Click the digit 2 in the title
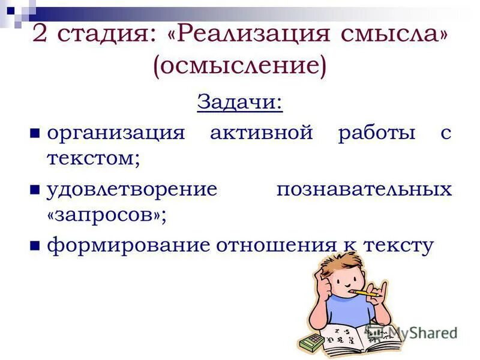tap(40, 33)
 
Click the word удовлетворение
tap(132, 189)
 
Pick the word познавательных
tap(364, 189)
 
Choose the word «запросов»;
tap(106, 215)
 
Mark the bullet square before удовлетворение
tap(35, 190)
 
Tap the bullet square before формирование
tap(35, 246)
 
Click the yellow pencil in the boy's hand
tap(364, 293)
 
